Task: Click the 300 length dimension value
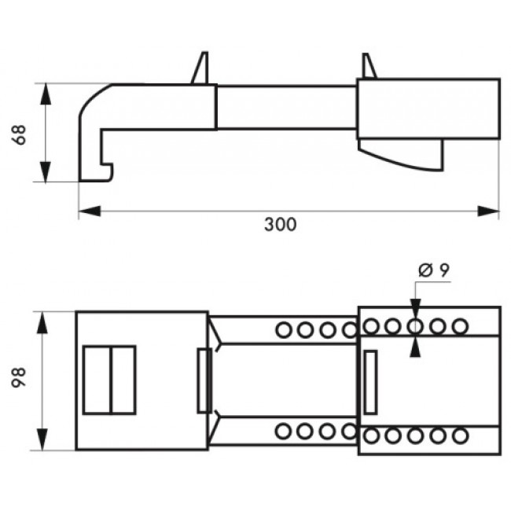point(281,224)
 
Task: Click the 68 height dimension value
point(19,134)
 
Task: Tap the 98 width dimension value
point(19,377)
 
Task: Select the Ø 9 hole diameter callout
point(434,270)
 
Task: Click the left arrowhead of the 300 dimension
point(90,211)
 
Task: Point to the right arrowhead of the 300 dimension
point(488,211)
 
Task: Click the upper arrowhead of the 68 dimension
point(46,94)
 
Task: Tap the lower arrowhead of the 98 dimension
point(42,439)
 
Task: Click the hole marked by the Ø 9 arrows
point(415,326)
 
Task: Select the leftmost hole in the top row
point(284,330)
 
